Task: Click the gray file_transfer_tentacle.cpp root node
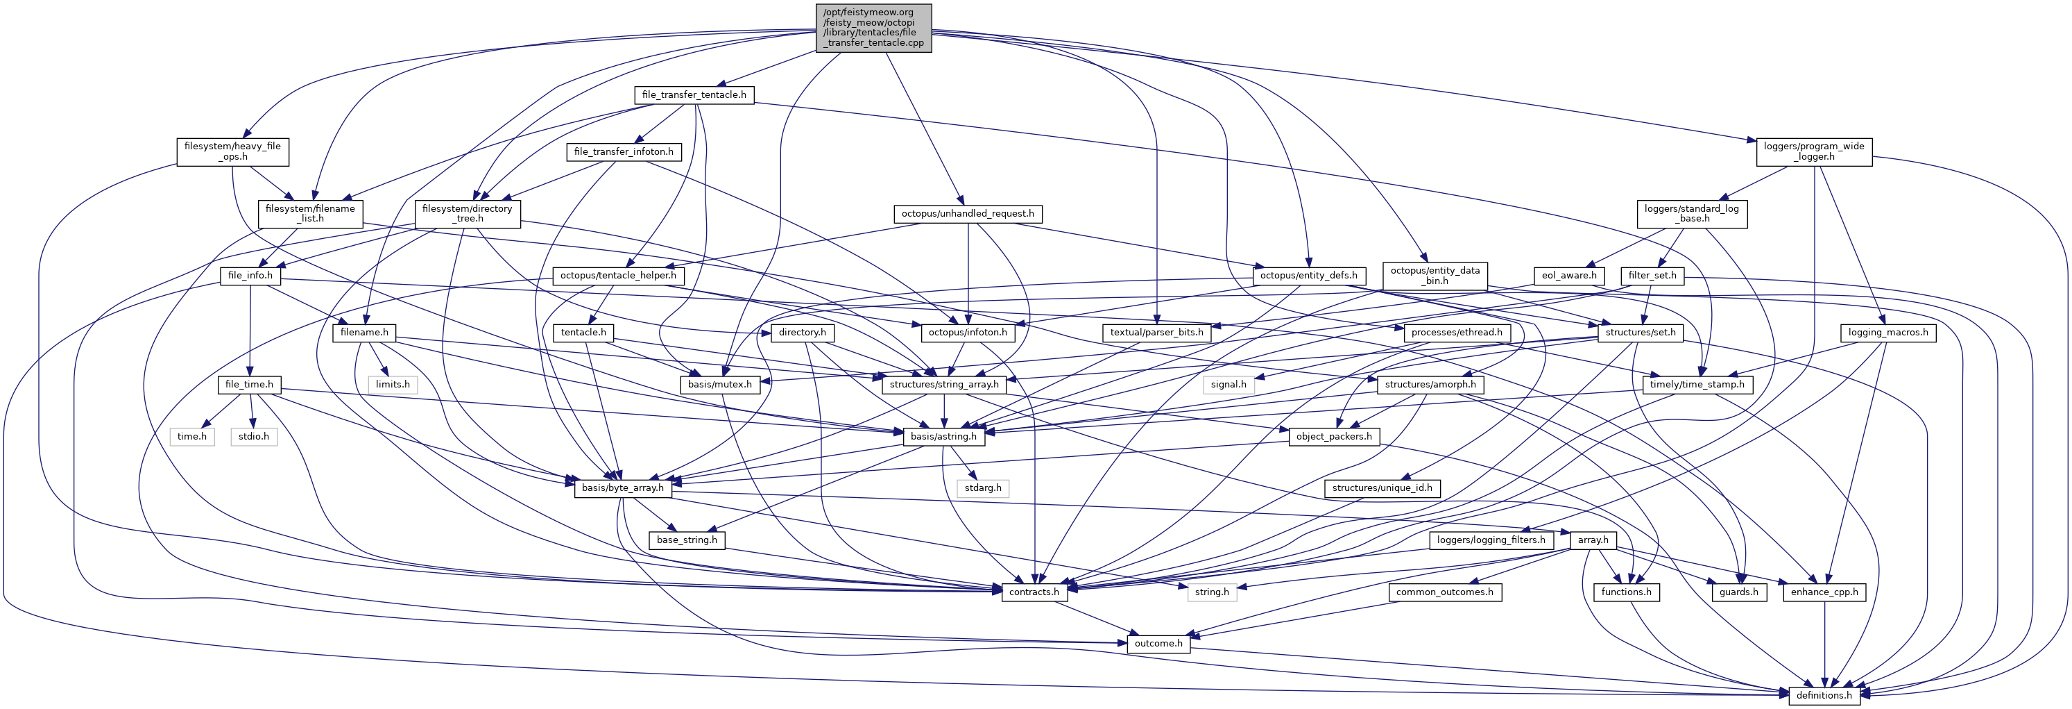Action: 873,28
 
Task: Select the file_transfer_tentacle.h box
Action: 694,95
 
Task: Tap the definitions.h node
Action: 1824,695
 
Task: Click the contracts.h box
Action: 1034,592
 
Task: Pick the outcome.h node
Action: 1158,644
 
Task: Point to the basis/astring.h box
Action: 943,436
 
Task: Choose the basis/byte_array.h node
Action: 624,487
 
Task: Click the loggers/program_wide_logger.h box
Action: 1814,151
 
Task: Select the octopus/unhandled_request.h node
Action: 968,214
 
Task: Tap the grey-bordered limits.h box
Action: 393,385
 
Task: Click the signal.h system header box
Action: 1228,385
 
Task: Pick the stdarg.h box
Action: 983,487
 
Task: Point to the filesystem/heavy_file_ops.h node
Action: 232,151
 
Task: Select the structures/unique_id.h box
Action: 1382,487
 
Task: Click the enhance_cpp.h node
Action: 1824,592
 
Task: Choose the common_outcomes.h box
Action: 1445,592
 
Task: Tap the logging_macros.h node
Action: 1887,333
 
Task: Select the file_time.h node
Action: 249,385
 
